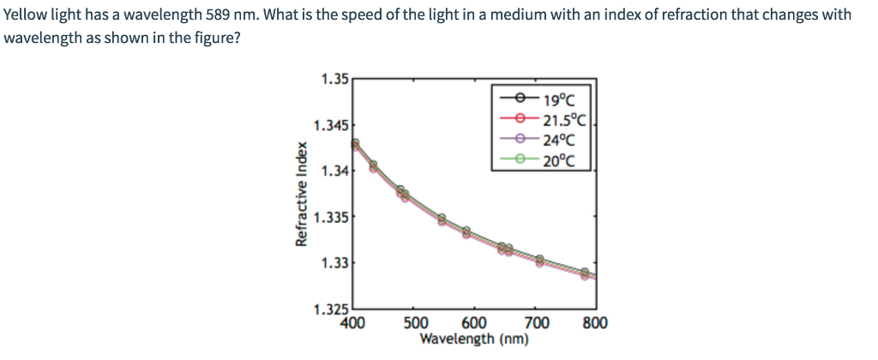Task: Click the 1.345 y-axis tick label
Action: pyautogui.click(x=331, y=126)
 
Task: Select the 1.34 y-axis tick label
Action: pyautogui.click(x=334, y=172)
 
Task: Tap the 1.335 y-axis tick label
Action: pyautogui.click(x=331, y=218)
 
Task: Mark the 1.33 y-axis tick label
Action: pyautogui.click(x=334, y=263)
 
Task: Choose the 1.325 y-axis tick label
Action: pyautogui.click(x=331, y=309)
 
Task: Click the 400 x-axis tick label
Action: pyautogui.click(x=354, y=323)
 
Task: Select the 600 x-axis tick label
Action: pyautogui.click(x=476, y=323)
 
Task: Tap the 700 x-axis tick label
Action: pyautogui.click(x=536, y=323)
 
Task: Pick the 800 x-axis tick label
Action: pyautogui.click(x=595, y=323)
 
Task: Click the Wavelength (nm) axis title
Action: pyautogui.click(x=474, y=339)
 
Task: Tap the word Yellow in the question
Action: pyautogui.click(x=26, y=15)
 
